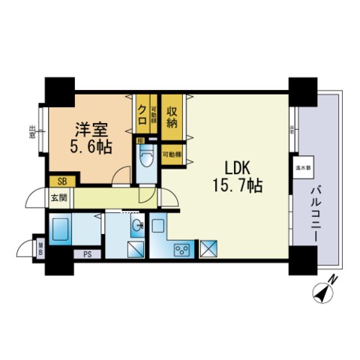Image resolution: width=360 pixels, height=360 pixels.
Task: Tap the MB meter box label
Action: (x=41, y=247)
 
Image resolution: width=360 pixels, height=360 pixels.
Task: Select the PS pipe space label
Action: (x=88, y=253)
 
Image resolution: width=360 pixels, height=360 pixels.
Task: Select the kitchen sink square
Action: (x=159, y=226)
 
